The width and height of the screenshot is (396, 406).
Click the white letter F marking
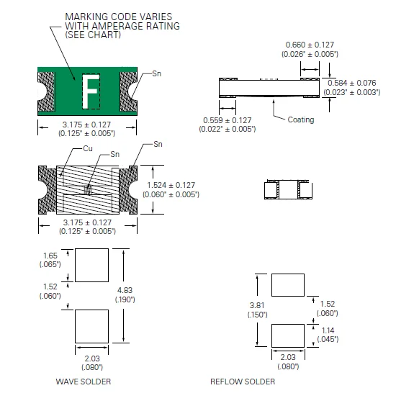point(90,91)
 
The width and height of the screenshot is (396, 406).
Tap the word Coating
point(301,119)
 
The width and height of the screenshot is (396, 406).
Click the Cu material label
point(88,148)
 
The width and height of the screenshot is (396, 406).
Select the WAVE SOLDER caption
point(84,382)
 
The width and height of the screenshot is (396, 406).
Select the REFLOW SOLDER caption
point(243,382)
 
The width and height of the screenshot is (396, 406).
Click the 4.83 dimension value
point(125,290)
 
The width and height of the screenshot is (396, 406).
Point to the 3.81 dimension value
point(257,305)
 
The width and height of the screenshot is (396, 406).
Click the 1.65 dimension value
point(50,256)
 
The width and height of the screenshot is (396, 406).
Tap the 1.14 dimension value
point(328,330)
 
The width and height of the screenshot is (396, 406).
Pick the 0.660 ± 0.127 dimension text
point(310,45)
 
